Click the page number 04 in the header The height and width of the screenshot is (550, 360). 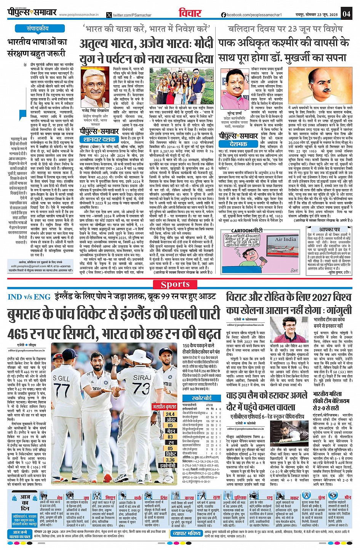pyautogui.click(x=346, y=14)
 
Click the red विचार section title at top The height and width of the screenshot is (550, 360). pyautogui.click(x=188, y=13)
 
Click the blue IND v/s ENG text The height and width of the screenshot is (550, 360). pyautogui.click(x=29, y=297)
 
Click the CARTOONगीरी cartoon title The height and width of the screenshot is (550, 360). pyautogui.click(x=247, y=231)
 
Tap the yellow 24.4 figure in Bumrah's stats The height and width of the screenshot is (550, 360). pyautogui.click(x=170, y=414)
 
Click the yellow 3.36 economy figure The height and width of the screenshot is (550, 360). pyautogui.click(x=170, y=459)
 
